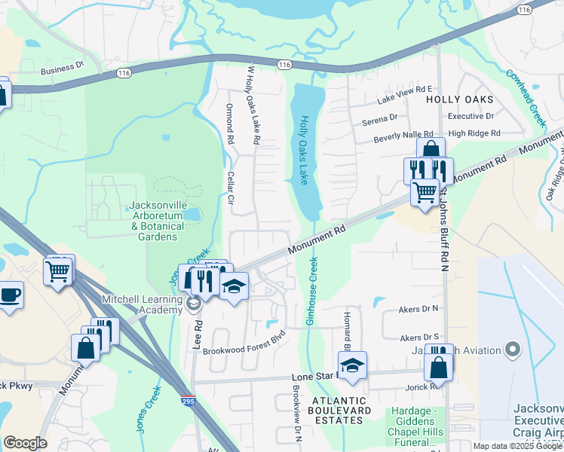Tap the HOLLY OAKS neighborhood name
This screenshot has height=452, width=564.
pos(459,99)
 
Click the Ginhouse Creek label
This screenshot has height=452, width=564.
pos(310,291)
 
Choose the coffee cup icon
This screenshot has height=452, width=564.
pos(9,295)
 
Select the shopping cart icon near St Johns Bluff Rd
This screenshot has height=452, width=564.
pos(425,192)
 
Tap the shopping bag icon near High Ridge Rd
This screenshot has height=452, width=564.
pos(431,149)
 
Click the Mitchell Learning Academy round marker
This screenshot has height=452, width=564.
pos(194,304)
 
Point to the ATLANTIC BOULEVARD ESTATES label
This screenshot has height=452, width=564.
pos(340,405)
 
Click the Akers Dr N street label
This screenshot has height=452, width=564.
pos(419,309)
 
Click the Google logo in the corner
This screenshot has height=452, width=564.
pos(25,443)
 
